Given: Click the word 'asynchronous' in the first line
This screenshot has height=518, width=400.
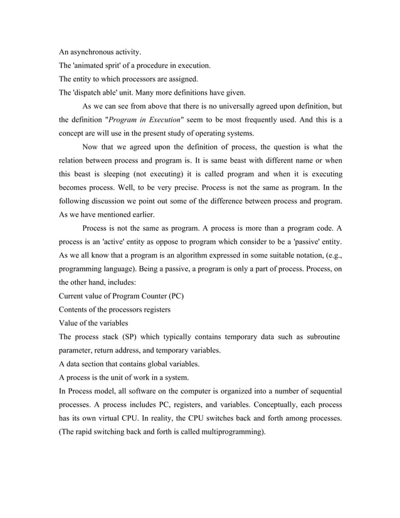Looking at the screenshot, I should point(95,51).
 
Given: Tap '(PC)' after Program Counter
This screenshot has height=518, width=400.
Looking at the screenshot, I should point(172,296).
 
